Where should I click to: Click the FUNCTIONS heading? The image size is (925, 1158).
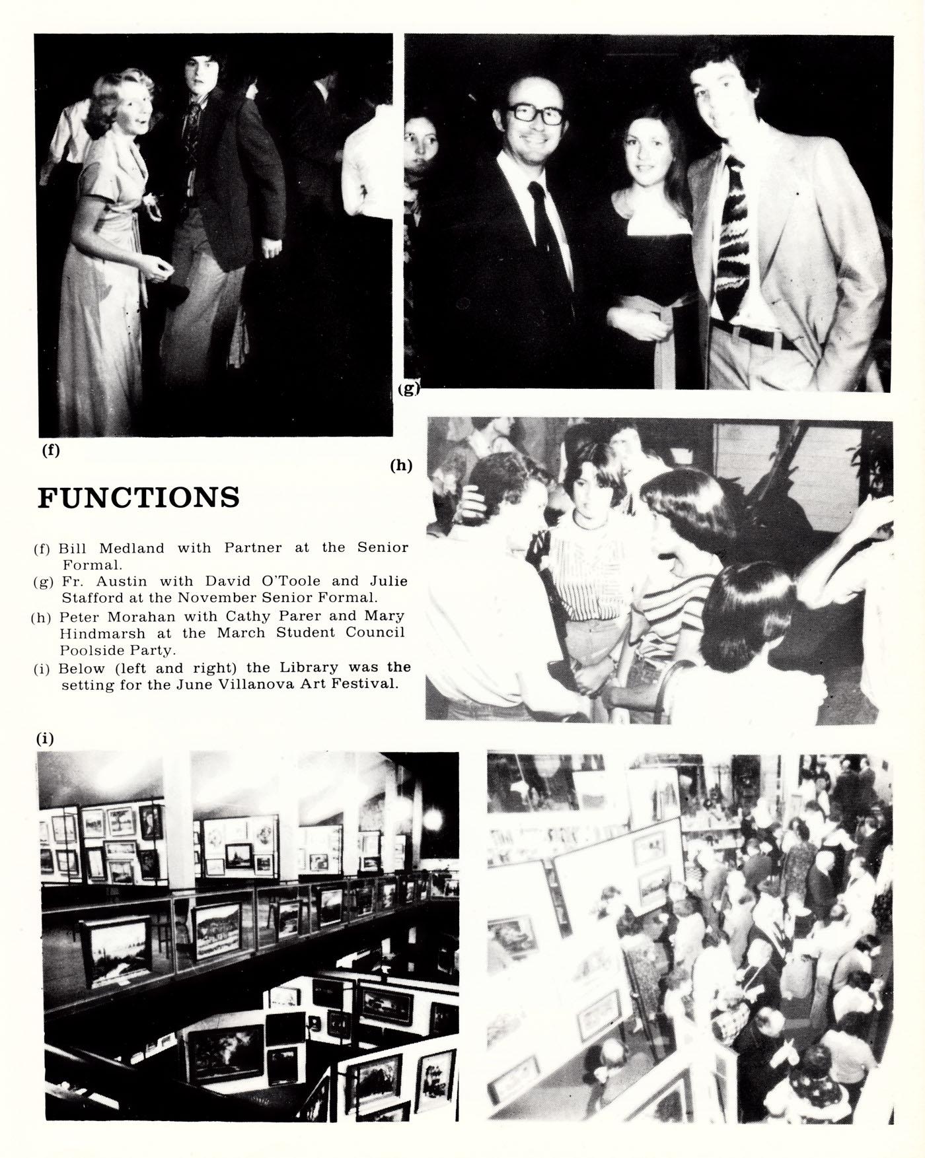[x=138, y=497]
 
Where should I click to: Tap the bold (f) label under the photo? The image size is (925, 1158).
[x=50, y=450]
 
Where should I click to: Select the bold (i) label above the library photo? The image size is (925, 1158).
[x=44, y=739]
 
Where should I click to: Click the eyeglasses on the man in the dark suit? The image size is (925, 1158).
[x=535, y=114]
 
